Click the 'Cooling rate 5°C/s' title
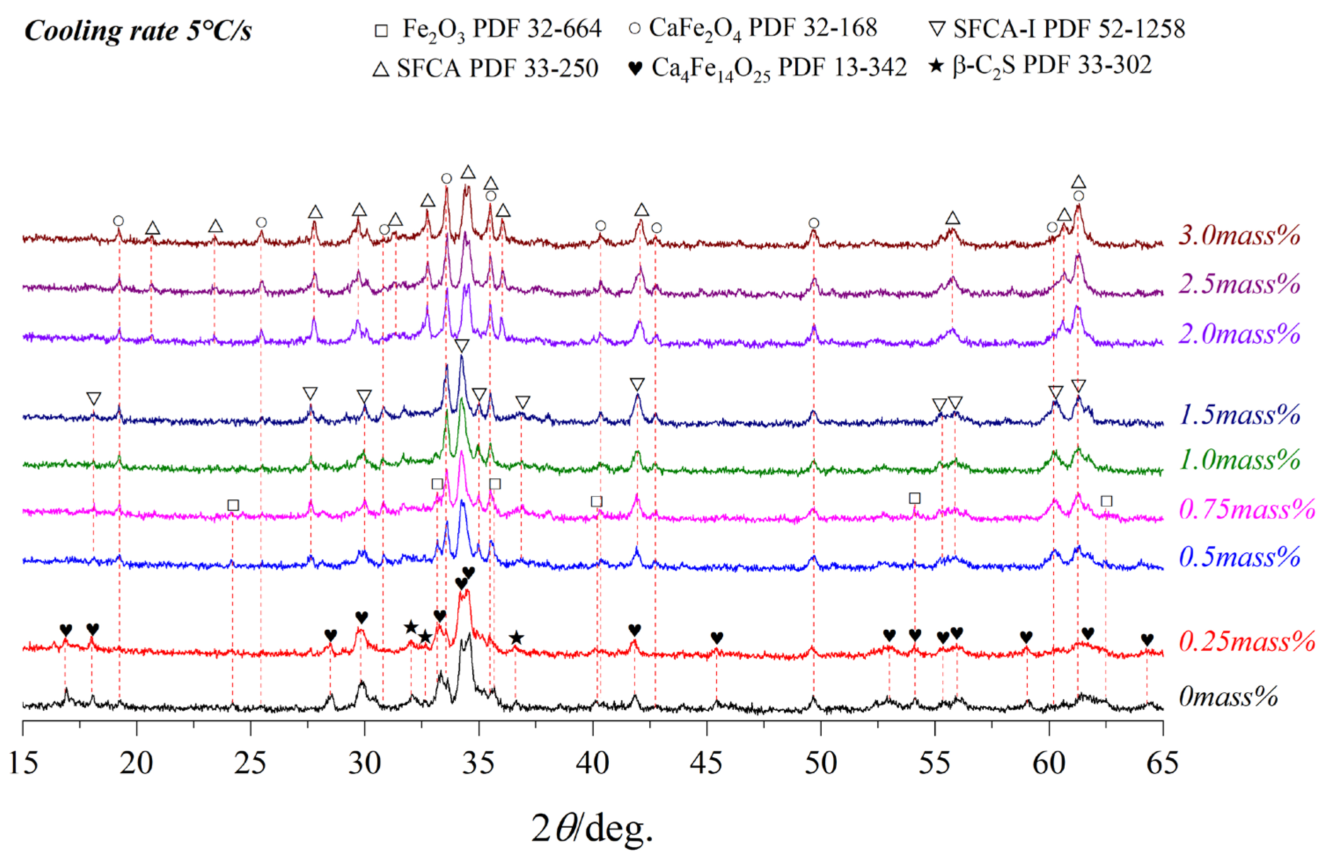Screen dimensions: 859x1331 point(138,31)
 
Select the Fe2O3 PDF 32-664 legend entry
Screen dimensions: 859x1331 point(488,29)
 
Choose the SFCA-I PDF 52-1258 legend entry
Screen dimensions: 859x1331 point(1058,29)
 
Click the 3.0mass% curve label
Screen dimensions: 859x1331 point(1239,235)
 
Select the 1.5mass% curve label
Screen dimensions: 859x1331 point(1239,415)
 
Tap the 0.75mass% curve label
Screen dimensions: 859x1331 point(1247,509)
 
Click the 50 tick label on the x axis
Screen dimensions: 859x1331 point(820,763)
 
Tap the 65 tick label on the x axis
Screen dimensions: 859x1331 point(1162,763)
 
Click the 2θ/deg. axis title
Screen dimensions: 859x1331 point(591,828)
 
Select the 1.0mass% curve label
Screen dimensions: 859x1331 point(1239,459)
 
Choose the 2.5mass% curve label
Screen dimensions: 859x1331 point(1239,284)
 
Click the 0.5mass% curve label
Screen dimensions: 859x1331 point(1239,557)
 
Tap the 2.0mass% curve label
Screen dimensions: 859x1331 point(1239,334)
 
